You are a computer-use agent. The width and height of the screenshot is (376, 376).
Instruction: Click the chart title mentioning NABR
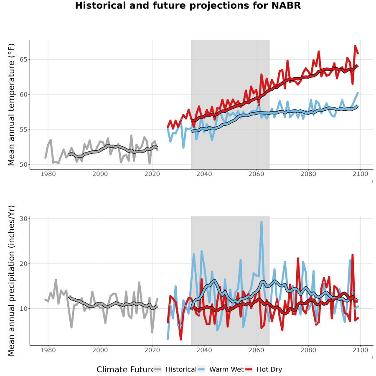click(188, 5)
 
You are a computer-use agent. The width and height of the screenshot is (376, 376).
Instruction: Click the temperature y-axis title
click(11, 104)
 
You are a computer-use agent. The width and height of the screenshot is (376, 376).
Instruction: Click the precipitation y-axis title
click(11, 281)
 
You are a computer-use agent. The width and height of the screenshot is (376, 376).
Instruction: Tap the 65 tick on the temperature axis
click(23, 59)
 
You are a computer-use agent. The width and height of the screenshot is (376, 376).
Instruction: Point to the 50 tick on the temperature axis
click(23, 165)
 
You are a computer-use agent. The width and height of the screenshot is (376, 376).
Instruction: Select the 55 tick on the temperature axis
click(23, 130)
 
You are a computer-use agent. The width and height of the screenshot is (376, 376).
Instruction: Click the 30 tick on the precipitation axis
click(23, 218)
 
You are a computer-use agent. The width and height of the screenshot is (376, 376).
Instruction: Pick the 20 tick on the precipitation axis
click(23, 264)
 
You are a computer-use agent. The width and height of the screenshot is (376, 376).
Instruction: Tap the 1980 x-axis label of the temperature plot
click(48, 174)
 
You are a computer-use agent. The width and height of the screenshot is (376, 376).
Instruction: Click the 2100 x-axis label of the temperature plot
click(360, 174)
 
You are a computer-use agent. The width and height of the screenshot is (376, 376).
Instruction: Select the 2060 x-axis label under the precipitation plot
click(256, 350)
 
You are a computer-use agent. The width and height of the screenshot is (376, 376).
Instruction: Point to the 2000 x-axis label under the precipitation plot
click(100, 350)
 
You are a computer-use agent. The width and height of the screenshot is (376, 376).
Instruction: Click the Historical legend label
click(181, 369)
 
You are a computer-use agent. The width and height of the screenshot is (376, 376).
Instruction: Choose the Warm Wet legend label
click(226, 369)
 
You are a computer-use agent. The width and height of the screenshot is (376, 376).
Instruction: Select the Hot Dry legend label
click(269, 369)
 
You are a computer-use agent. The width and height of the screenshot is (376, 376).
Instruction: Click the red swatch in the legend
click(249, 370)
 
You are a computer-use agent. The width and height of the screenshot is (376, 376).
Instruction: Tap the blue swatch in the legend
click(202, 370)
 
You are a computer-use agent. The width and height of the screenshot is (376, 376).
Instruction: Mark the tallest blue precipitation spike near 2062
click(262, 222)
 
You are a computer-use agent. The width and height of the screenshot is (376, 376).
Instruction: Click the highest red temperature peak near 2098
click(355, 46)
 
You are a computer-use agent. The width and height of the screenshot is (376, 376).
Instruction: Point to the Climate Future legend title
click(125, 369)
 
